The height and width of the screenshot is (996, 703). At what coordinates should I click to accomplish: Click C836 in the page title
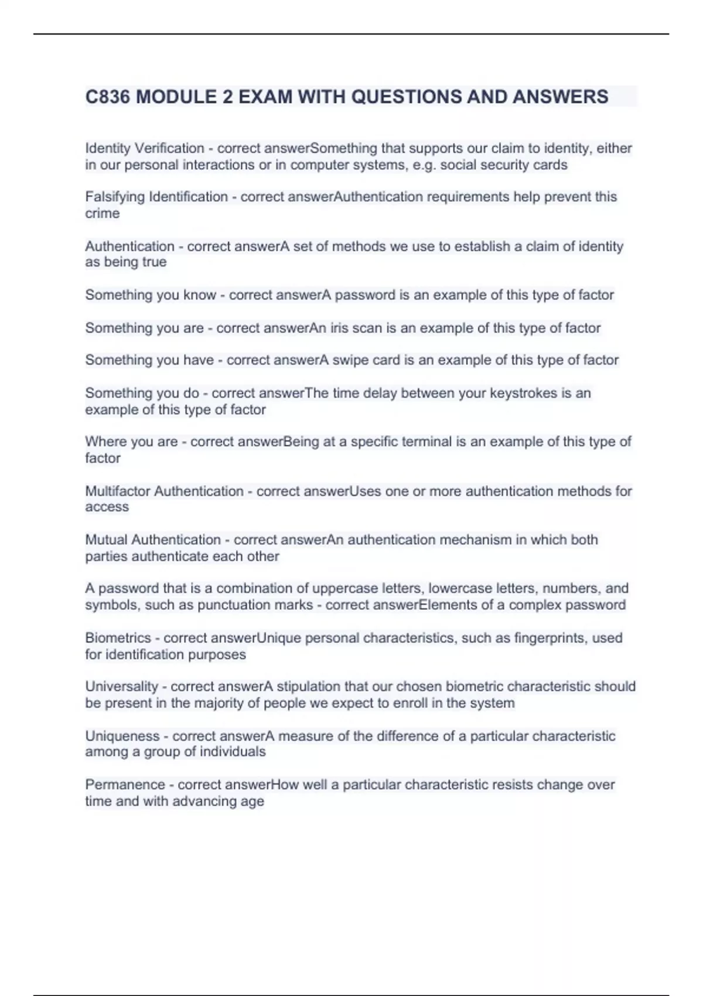(x=108, y=97)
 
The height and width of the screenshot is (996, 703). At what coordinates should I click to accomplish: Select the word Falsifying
(x=115, y=197)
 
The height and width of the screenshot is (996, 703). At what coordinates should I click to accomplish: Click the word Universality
(x=121, y=687)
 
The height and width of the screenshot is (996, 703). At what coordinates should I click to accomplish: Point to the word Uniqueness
(x=122, y=736)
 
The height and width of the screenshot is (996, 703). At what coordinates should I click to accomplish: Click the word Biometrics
(x=118, y=637)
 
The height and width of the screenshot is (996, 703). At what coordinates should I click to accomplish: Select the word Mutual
(x=106, y=540)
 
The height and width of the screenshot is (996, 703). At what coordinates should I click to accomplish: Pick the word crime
(x=102, y=213)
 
